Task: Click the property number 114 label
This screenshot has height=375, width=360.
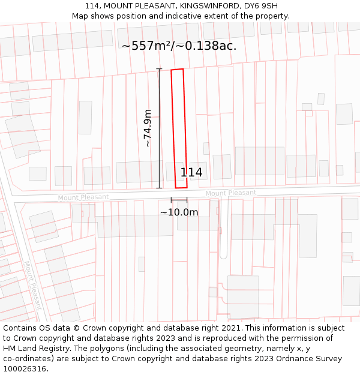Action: [191, 173]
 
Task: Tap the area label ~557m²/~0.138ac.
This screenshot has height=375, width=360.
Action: [179, 46]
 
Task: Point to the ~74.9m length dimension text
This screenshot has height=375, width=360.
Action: [148, 128]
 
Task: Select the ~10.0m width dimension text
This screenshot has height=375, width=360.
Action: [179, 212]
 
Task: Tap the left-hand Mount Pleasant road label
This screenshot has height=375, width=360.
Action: [83, 197]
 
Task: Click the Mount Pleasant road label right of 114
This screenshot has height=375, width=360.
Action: [230, 193]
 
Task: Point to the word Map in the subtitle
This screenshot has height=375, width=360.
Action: [80, 16]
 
